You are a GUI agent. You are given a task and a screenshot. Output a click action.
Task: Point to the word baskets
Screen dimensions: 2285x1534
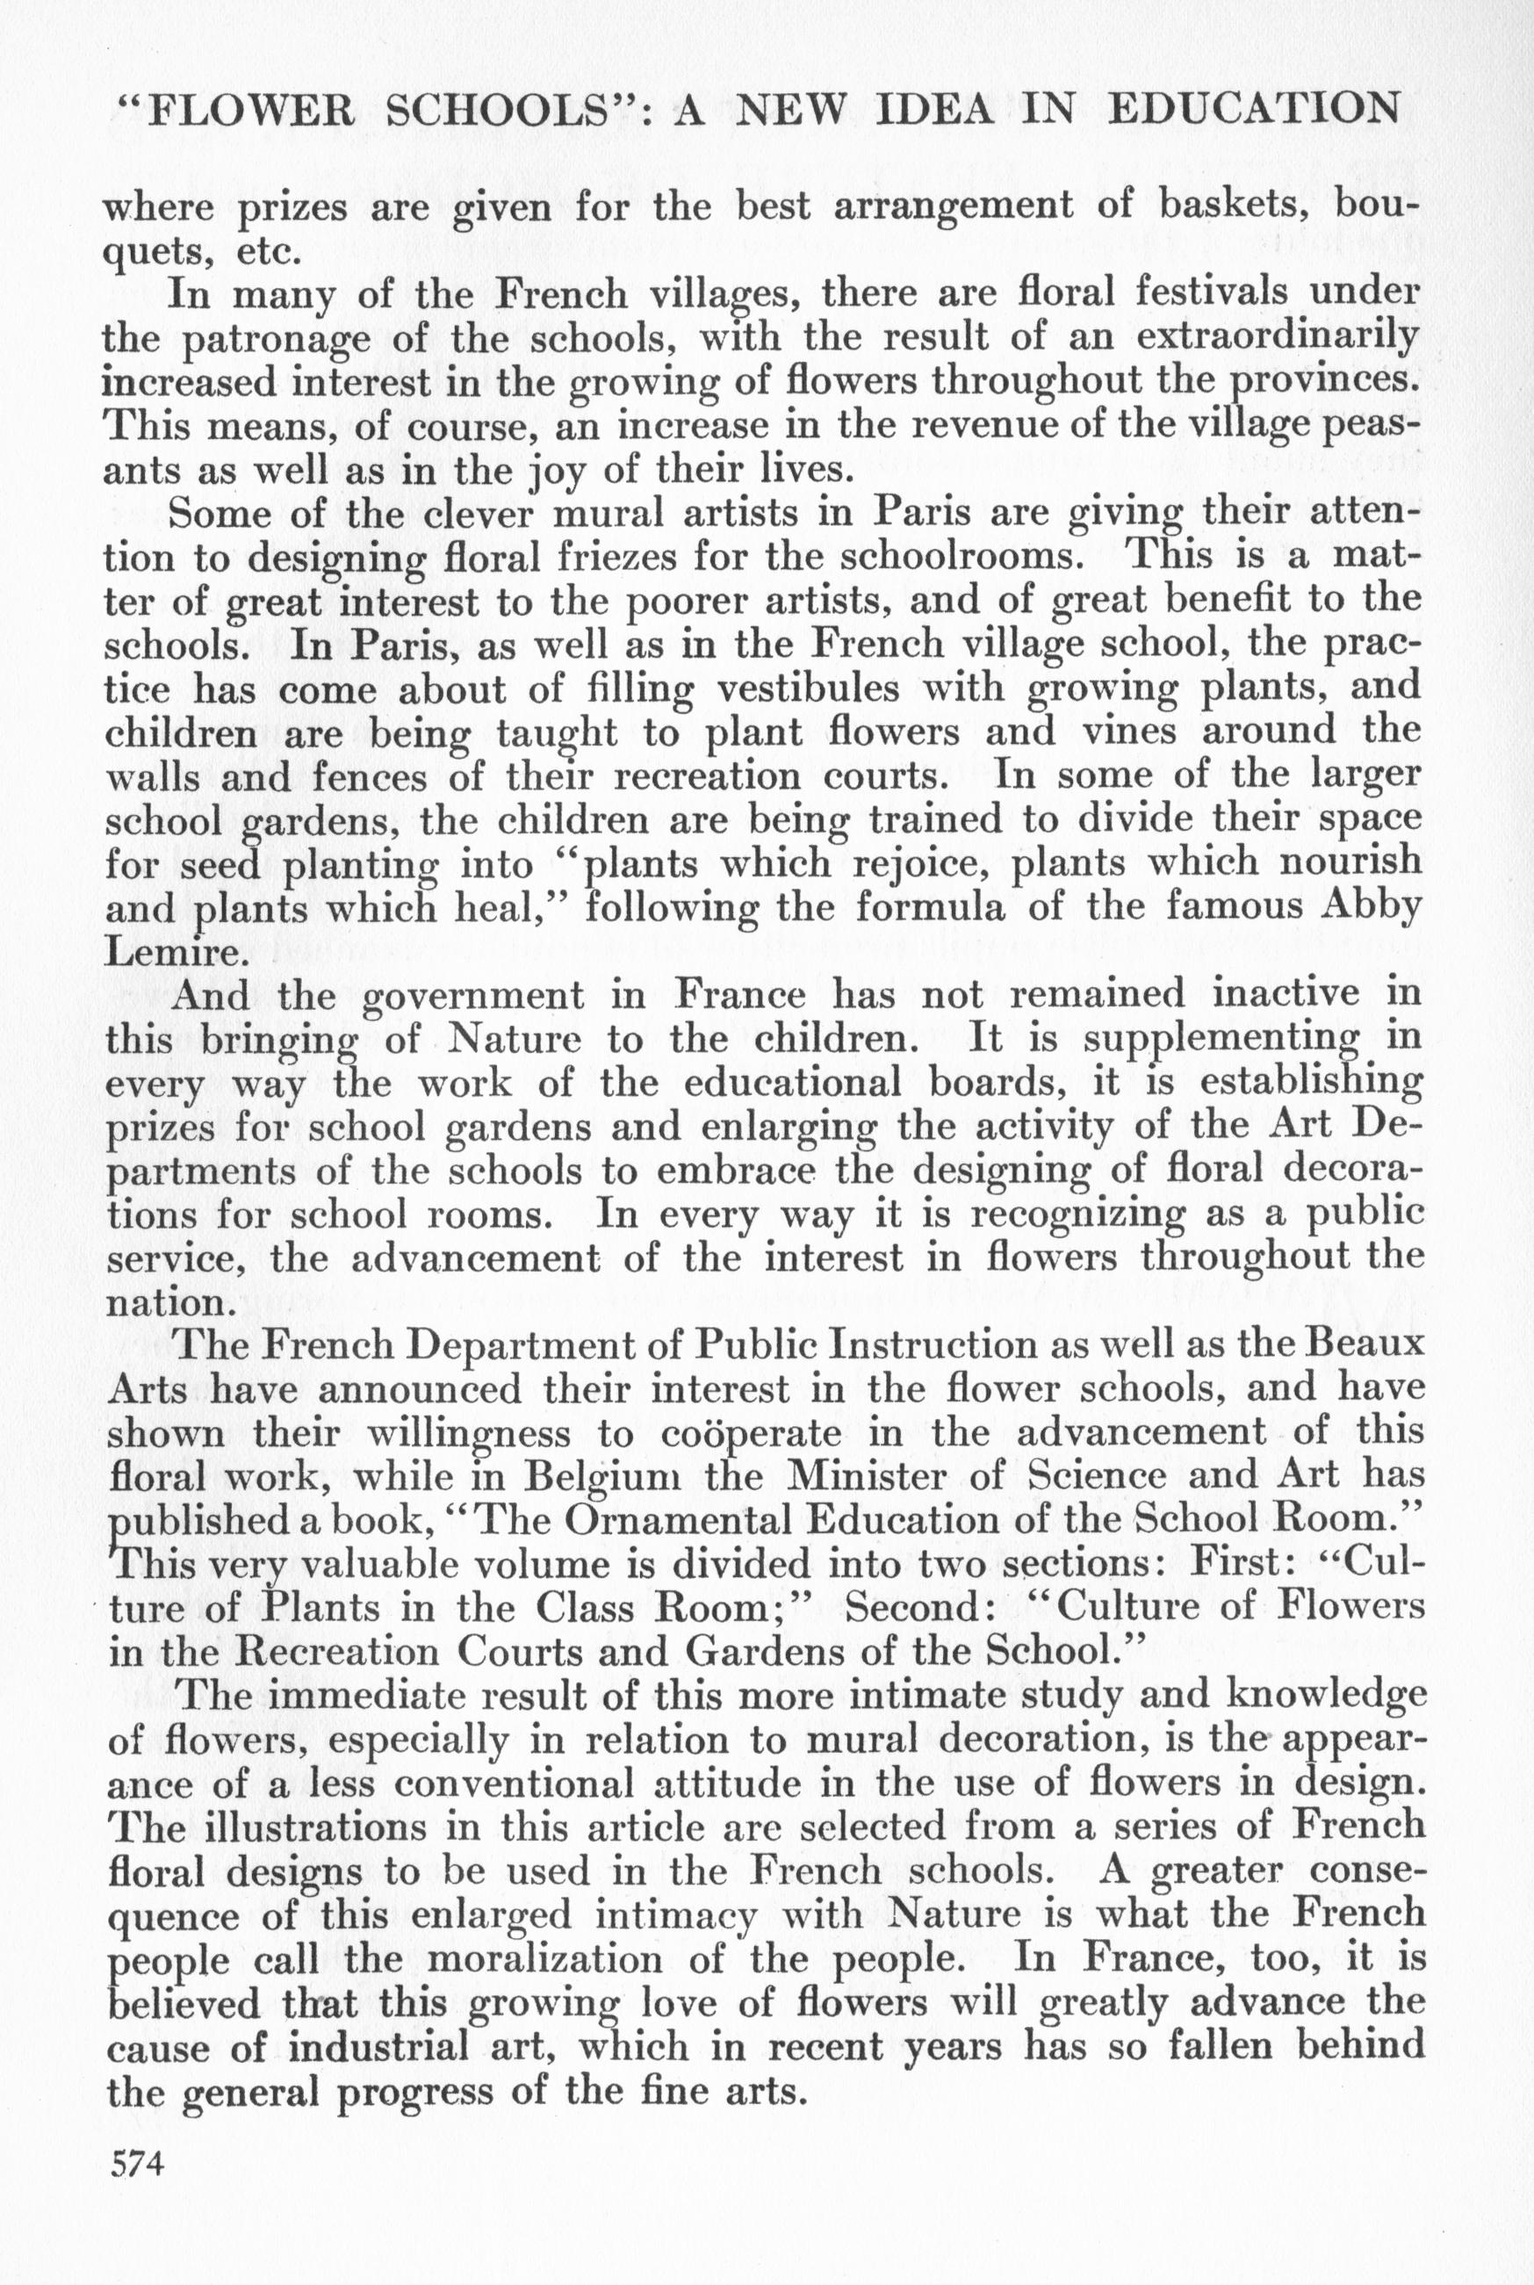[1243, 206]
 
